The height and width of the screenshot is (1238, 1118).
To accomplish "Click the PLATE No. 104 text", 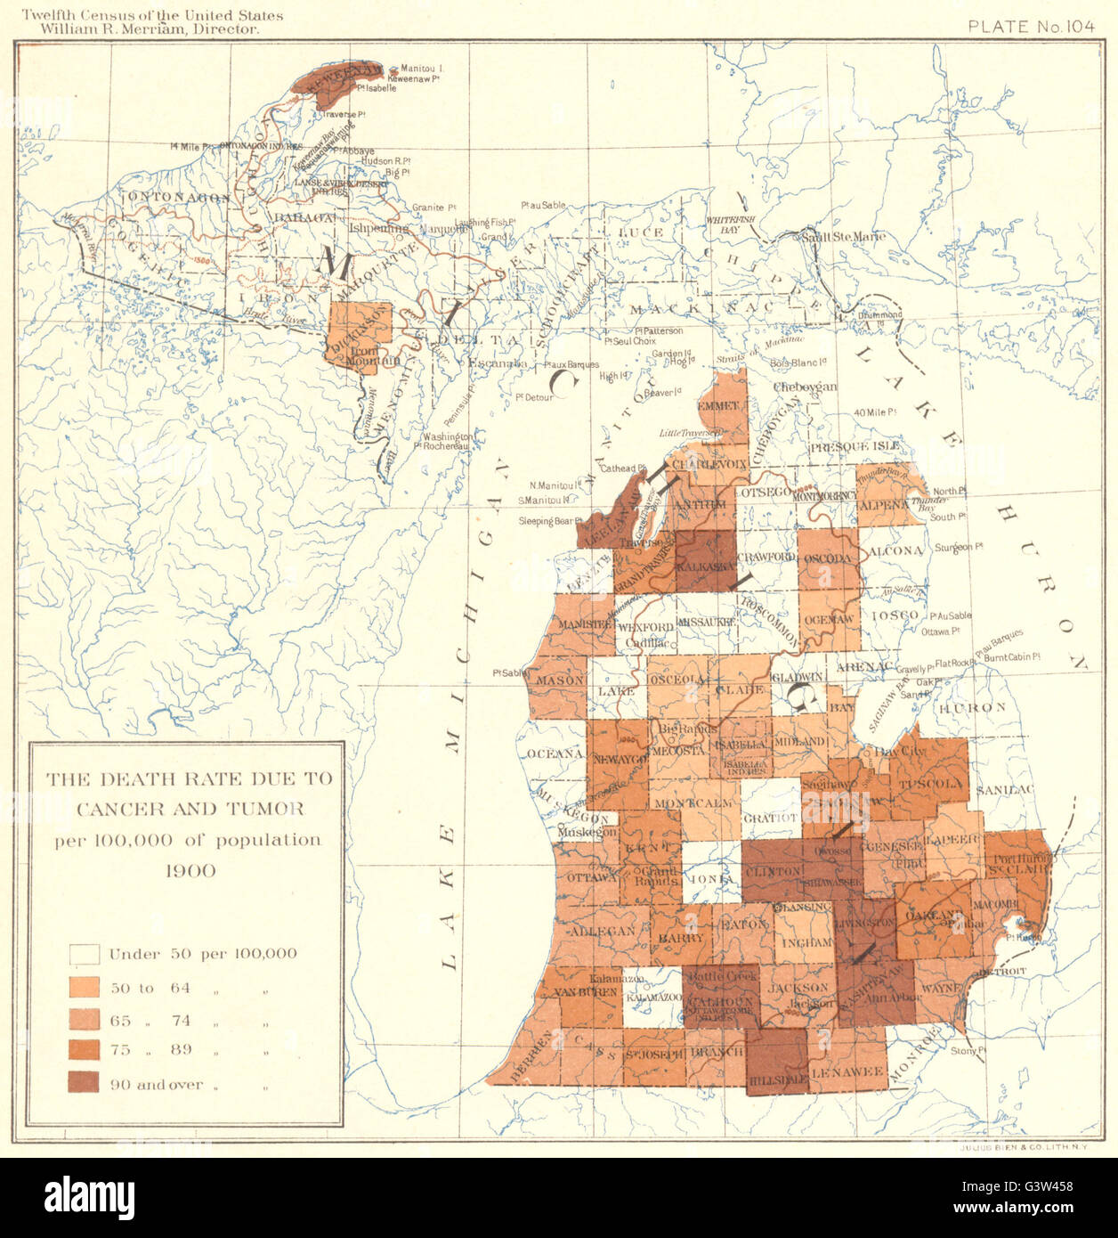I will tap(1031, 26).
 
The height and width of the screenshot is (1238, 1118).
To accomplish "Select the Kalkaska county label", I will tap(706, 566).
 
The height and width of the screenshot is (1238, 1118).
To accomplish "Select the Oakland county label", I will tap(933, 915).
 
